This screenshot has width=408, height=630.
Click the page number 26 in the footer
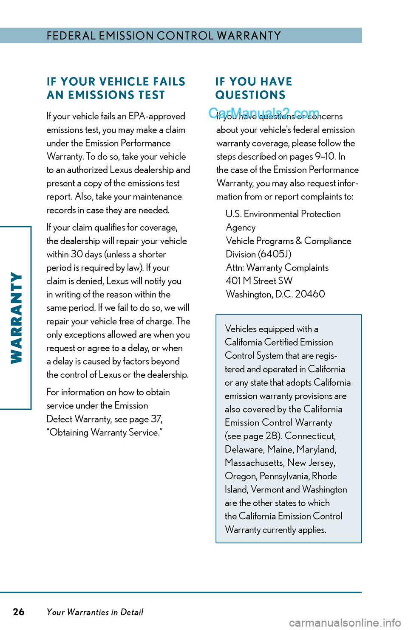click(19, 612)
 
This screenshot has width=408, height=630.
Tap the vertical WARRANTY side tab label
click(16, 318)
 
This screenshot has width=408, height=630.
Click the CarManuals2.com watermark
click(264, 112)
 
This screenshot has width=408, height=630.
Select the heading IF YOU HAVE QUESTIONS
click(254, 88)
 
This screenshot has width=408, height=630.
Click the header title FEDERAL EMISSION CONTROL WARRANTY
click(164, 36)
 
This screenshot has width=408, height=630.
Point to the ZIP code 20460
click(310, 294)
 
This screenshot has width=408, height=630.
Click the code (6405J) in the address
click(275, 254)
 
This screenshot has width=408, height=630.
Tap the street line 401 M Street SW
click(259, 281)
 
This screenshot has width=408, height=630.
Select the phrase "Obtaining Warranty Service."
click(105, 433)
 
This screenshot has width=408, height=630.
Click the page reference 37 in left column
click(156, 419)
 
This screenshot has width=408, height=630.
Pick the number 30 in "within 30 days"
click(76, 254)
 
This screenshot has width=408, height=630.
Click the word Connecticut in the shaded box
click(310, 436)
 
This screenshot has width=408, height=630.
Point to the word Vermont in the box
click(266, 489)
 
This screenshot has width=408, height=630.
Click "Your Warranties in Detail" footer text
click(95, 612)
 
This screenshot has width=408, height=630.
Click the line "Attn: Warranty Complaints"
click(277, 268)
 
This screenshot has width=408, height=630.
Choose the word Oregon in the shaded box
click(241, 476)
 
